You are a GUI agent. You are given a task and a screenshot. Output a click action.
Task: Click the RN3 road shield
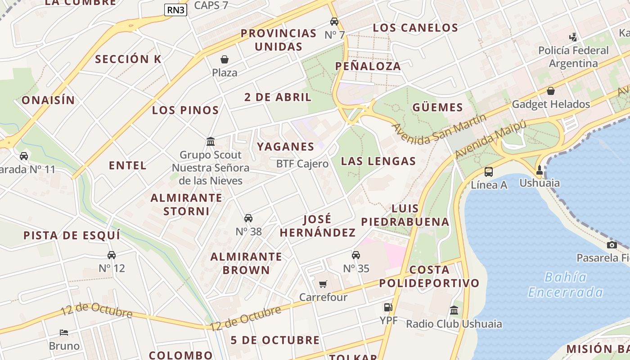pos(175,10)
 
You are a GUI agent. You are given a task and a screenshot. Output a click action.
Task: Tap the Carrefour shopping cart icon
pos(323,284)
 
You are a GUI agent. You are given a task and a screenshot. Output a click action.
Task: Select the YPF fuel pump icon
pos(388,307)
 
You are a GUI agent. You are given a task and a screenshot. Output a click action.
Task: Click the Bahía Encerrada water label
pos(565,285)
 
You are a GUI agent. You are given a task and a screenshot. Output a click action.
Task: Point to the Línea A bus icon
pos(489,171)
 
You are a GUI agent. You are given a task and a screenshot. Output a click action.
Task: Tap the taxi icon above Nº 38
pos(248,218)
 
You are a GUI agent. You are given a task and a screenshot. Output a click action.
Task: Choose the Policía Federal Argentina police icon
pos(573,37)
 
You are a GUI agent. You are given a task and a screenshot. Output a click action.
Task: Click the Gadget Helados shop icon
pos(550,91)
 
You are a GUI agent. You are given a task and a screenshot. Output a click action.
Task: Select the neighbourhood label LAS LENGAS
pos(378,161)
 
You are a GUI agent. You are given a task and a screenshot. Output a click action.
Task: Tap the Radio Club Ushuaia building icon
pos(454,310)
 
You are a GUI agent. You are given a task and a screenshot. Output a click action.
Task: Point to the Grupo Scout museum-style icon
pos(211,142)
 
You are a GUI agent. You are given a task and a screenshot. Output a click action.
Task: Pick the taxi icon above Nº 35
pos(356,255)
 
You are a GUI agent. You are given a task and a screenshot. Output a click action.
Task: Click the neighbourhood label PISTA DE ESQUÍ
pos(72,235)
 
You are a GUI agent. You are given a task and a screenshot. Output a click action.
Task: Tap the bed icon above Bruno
pos(64,333)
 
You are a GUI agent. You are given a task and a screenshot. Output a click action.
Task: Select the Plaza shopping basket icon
pos(224,59)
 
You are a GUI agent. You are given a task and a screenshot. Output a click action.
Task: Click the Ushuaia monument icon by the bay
pos(540,170)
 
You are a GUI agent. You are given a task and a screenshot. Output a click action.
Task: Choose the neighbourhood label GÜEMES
pos(437,108)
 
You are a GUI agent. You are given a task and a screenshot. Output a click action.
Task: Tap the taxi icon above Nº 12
pos(112,255)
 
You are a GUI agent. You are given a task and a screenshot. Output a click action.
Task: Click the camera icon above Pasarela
pos(612,245)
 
